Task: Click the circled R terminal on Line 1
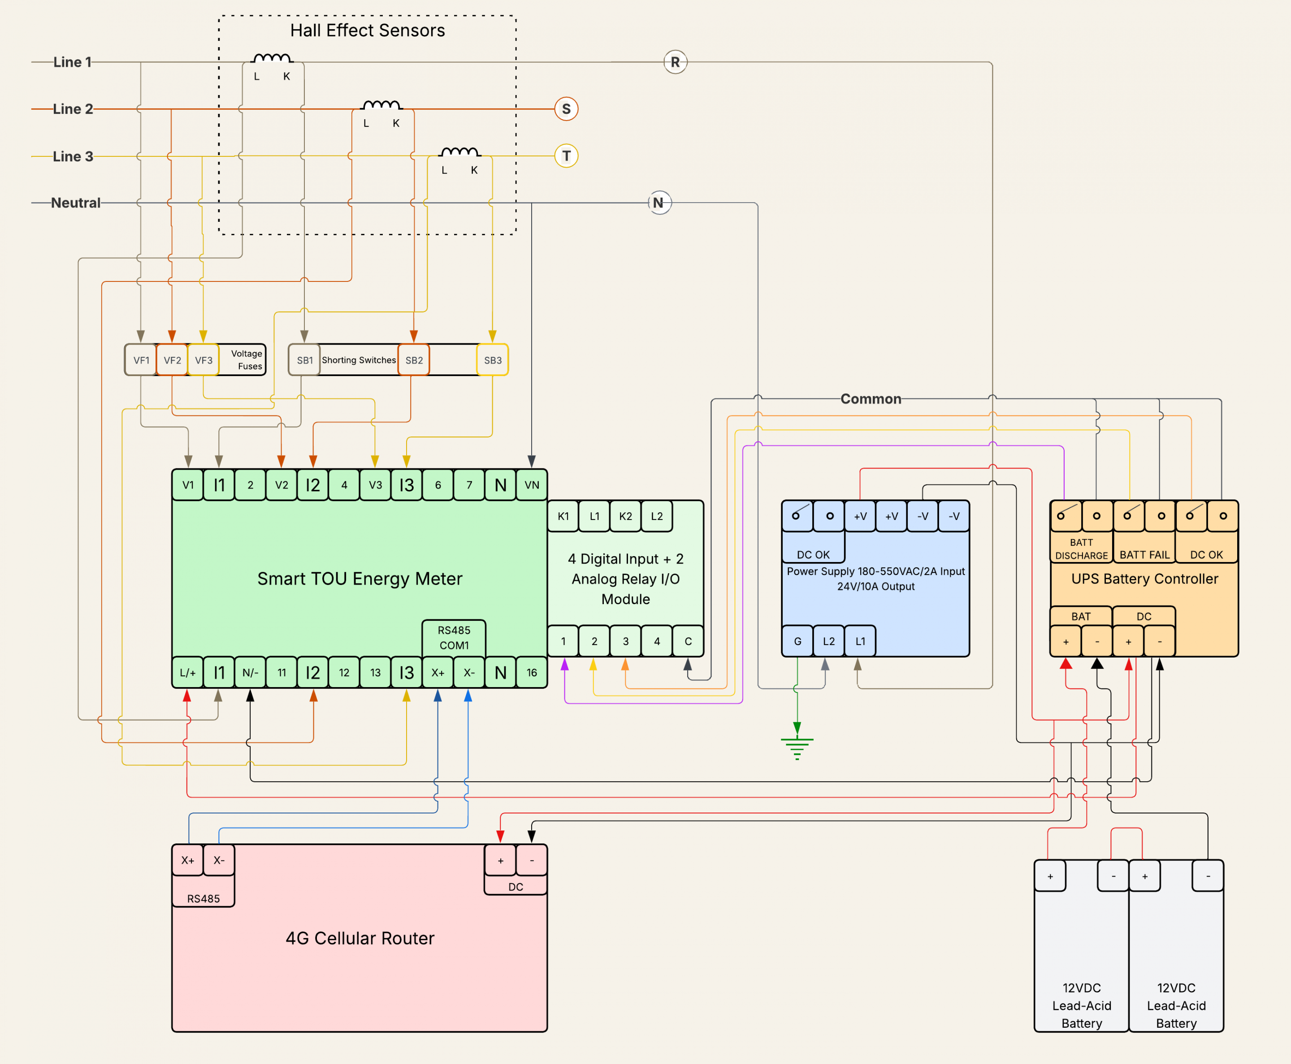pos(675,62)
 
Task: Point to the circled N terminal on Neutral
pos(659,203)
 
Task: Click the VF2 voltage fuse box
pos(172,360)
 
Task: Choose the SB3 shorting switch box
pos(493,360)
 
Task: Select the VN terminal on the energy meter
pos(532,485)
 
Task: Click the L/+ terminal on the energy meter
pos(187,672)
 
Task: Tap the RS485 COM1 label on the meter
pos(454,637)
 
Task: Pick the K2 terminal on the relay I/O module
pos(625,516)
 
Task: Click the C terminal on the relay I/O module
pos(688,641)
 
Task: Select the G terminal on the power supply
pos(797,641)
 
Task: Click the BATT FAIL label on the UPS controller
pos(1144,555)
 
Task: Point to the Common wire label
pos(871,399)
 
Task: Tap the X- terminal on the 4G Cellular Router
pos(219,860)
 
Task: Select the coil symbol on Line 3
pos(460,151)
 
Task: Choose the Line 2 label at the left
pos(73,109)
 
